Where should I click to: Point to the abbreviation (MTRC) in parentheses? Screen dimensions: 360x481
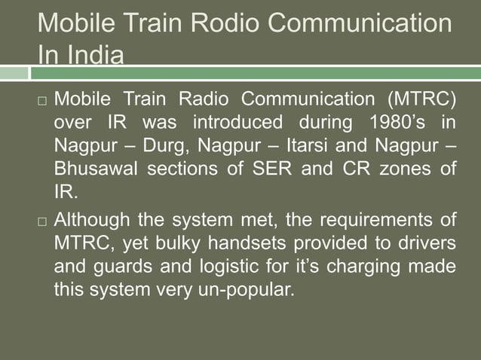(422, 100)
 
